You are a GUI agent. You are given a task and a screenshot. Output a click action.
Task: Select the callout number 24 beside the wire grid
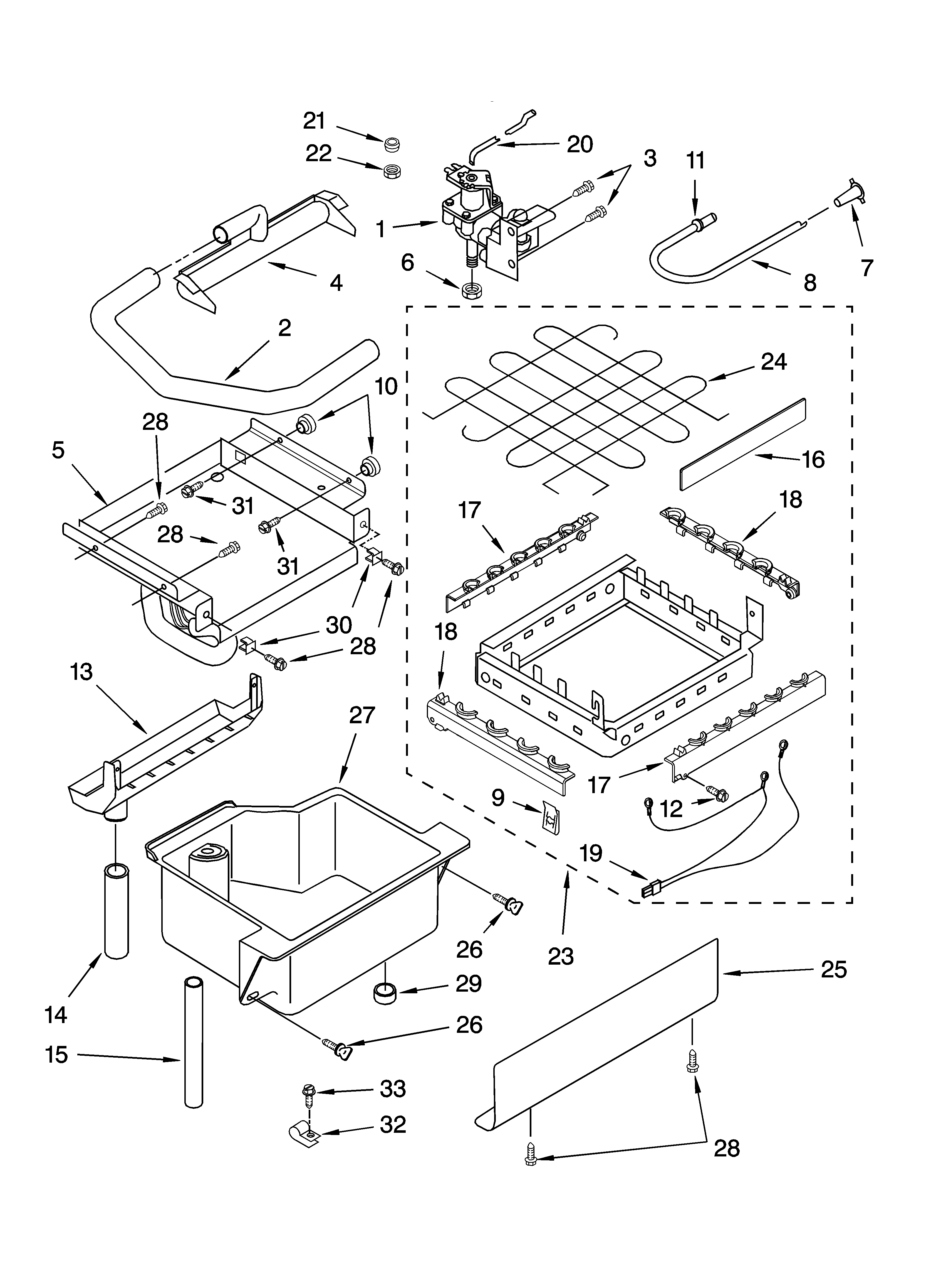tap(774, 361)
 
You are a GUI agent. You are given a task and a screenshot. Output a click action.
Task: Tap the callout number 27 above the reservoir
tap(362, 715)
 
